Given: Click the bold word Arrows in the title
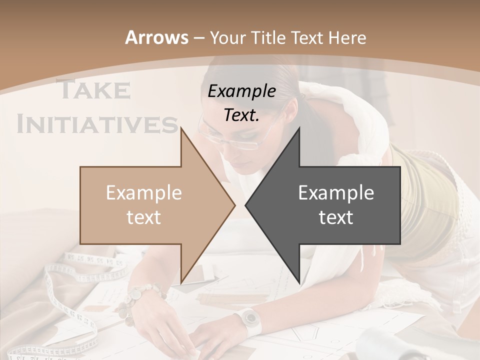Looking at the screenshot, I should click(x=156, y=37).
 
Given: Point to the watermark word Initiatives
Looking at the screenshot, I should click(x=97, y=124).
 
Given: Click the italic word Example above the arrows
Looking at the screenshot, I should click(x=241, y=91).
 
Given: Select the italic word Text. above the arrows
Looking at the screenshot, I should click(x=241, y=115).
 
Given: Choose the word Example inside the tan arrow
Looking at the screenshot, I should click(x=143, y=193).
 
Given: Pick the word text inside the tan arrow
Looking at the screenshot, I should click(x=143, y=217).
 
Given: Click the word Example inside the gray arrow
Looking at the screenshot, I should click(x=336, y=193).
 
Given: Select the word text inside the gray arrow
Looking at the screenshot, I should click(x=336, y=217).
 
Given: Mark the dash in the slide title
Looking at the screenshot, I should click(x=198, y=38).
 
